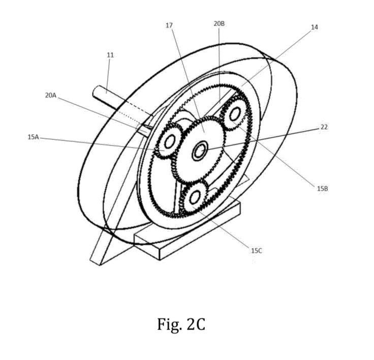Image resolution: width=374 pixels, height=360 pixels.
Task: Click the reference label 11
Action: [x=110, y=54]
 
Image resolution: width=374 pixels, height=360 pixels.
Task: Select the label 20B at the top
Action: [x=219, y=24]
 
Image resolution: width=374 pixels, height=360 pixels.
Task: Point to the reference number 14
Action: [x=315, y=27]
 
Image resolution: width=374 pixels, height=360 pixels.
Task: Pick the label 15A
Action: [x=33, y=136]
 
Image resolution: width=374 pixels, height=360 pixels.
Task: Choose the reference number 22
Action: [x=324, y=127]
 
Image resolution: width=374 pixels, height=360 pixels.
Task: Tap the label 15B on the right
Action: [x=322, y=188]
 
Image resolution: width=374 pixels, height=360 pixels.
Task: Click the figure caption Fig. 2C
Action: [x=181, y=324]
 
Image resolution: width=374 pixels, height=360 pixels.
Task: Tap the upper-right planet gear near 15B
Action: [x=235, y=114]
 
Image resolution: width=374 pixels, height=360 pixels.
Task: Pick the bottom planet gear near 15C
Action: [x=194, y=198]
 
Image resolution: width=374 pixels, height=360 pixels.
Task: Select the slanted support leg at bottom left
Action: [x=104, y=244]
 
